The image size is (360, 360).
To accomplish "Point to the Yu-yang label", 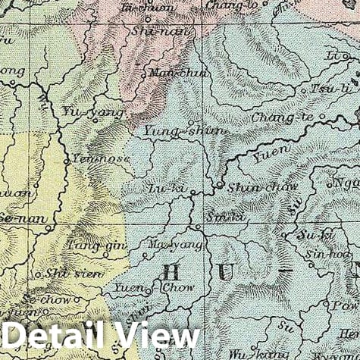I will [x=102, y=113].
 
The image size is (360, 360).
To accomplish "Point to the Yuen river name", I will [x=265, y=158].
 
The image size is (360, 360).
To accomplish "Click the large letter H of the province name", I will [x=173, y=275].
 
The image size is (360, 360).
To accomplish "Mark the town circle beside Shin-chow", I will [x=220, y=184].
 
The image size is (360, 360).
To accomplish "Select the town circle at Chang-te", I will [x=321, y=117].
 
